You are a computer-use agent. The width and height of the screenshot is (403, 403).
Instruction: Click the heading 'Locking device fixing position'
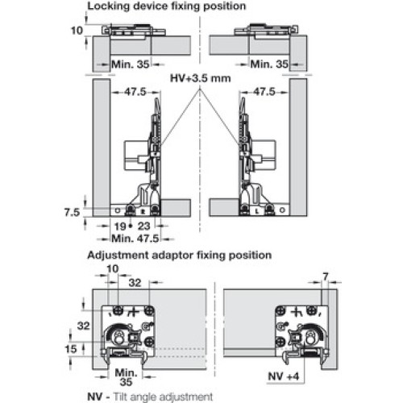tap(167, 6)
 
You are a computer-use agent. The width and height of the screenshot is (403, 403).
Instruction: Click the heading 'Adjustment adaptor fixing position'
tap(180, 255)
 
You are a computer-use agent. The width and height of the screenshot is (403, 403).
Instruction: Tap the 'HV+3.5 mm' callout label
tap(201, 78)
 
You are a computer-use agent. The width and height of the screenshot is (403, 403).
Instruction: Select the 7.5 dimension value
tap(72, 213)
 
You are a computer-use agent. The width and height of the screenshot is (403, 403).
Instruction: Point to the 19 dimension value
tap(120, 226)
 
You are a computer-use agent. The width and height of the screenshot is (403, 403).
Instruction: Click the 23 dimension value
tap(143, 226)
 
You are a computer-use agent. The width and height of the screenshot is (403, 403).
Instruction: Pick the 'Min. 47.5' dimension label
tap(135, 239)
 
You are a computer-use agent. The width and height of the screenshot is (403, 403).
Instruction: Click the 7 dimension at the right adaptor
tap(326, 277)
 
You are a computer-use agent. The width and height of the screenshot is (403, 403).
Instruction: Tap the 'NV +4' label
tap(284, 376)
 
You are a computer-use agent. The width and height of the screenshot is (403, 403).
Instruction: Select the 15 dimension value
tap(71, 349)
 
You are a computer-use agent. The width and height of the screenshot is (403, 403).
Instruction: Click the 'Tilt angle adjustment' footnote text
tap(163, 397)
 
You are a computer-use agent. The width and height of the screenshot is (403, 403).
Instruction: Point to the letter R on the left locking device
tap(143, 211)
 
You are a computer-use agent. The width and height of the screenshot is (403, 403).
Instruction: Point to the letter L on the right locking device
tap(257, 211)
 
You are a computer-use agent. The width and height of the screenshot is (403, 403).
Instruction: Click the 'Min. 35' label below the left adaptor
tap(126, 377)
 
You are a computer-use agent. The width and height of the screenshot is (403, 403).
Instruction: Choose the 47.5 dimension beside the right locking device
tap(264, 92)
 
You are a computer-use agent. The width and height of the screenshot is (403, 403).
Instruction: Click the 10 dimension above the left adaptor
tap(113, 268)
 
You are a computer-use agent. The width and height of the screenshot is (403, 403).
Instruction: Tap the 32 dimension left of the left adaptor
tap(83, 326)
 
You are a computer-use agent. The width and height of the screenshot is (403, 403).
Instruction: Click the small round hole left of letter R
tap(118, 210)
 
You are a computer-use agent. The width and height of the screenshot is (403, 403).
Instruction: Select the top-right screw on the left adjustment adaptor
tap(148, 311)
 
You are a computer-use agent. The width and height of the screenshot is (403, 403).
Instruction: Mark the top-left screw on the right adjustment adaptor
tap(280, 311)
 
